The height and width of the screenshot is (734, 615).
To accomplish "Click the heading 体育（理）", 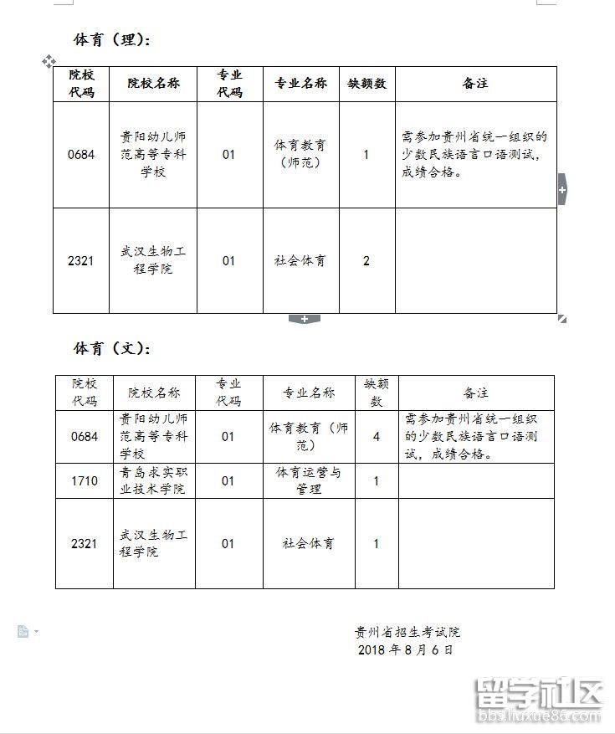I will coord(113,39).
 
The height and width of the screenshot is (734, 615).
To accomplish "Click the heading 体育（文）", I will coord(113,348).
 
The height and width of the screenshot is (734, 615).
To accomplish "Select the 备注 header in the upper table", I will coord(474,84).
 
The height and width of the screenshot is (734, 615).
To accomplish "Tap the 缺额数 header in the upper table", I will coord(366,84).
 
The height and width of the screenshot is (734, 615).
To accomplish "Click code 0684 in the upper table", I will coord(81,155).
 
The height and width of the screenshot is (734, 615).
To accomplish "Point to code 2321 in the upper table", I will coord(81,260).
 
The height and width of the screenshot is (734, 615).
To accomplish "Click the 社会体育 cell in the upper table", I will coord(300,260).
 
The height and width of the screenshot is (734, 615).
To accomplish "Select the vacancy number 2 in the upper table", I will coord(366,260).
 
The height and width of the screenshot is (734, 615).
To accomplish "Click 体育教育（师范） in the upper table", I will coord(300,154).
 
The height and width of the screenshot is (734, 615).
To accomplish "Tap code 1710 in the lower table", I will coord(85,480).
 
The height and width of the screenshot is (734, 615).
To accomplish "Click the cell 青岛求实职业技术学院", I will coord(153,480).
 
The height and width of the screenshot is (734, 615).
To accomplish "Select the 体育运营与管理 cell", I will coord(309,480).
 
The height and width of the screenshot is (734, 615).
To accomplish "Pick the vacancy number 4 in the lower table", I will coord(377,436).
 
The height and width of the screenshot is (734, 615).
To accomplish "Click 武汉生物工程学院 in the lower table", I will coord(153,543).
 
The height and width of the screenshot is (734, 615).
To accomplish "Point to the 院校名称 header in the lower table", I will coord(153,393).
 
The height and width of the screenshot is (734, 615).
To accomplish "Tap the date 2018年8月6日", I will coord(405,649).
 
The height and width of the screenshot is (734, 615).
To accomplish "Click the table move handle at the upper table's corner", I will coord(49,61).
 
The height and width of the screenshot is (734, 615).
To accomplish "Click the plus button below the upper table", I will coord(304,319).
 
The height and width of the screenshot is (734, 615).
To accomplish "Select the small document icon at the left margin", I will coord(23,631).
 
